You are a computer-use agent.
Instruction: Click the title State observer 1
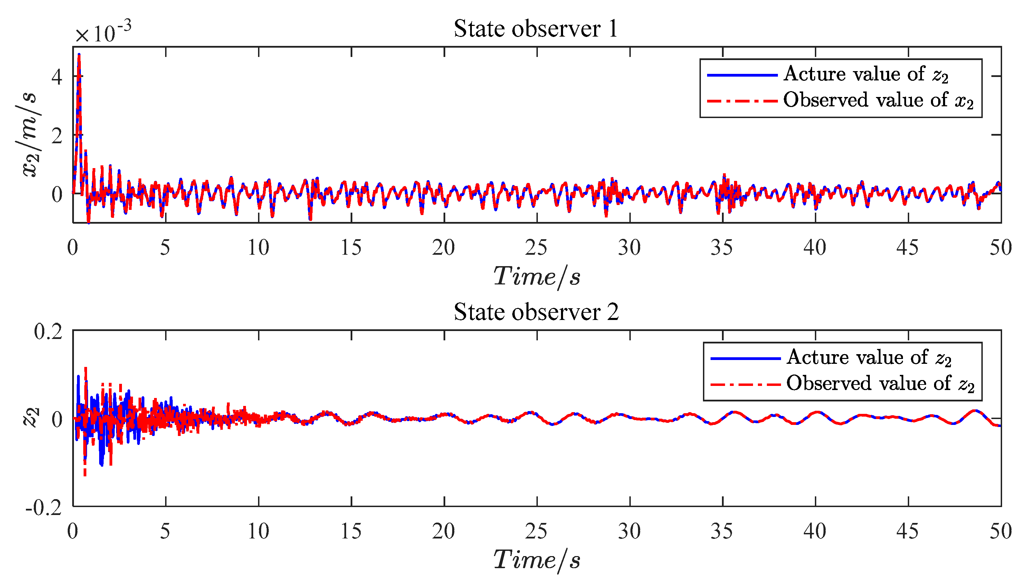[x=536, y=29]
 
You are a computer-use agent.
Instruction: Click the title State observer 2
[x=536, y=312]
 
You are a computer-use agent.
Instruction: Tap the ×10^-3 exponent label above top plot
[x=103, y=32]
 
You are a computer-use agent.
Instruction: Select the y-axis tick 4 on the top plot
[x=57, y=77]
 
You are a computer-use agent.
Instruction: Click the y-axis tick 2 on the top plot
[x=57, y=135]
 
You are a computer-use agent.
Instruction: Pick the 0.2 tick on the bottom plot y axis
[x=48, y=332]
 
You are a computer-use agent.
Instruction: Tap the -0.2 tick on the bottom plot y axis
[x=44, y=508]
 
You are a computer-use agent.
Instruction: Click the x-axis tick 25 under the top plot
[x=536, y=247]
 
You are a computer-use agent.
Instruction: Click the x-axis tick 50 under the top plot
[x=1000, y=247]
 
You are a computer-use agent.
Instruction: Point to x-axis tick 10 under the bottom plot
[x=258, y=531]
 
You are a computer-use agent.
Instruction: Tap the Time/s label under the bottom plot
[x=536, y=560]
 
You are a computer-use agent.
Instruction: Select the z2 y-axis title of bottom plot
[x=31, y=418]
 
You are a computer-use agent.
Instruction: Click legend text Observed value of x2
[x=878, y=100]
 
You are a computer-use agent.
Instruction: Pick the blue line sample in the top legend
[x=742, y=75]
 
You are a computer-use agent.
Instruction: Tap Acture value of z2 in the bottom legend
[x=868, y=358]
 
